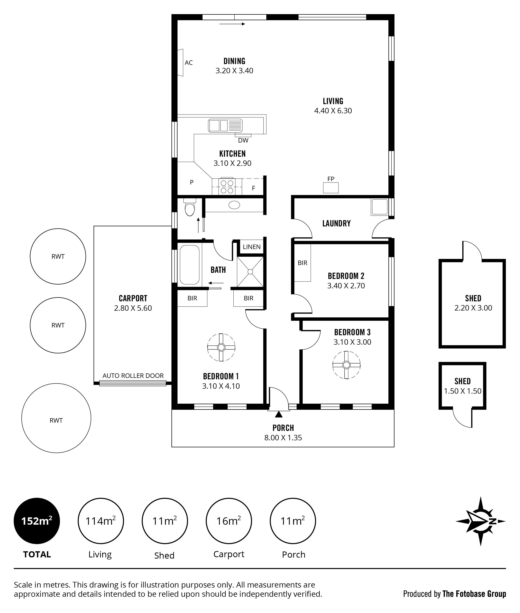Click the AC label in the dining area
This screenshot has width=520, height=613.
pos(189,62)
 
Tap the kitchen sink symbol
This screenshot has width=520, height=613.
pos(225,125)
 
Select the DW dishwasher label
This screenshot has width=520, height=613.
pos(243,140)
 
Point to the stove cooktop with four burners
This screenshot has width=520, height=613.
pos(227,187)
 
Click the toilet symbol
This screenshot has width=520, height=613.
pos(190,207)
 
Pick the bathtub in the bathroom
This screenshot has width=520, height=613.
pos(190,265)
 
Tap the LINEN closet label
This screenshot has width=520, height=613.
pos(252,247)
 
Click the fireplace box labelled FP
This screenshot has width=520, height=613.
pos(331,188)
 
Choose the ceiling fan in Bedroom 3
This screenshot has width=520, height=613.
pos(346,365)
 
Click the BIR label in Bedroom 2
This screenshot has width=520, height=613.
pos(302,263)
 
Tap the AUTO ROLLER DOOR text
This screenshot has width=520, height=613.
pos(133,376)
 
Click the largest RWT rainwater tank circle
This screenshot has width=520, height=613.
pos(56,418)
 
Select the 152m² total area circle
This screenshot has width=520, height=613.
pos(37,521)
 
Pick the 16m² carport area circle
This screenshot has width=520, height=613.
pos(229,521)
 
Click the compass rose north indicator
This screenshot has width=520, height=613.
pos(480,521)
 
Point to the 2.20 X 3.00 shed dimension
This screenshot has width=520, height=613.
pos(473,308)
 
